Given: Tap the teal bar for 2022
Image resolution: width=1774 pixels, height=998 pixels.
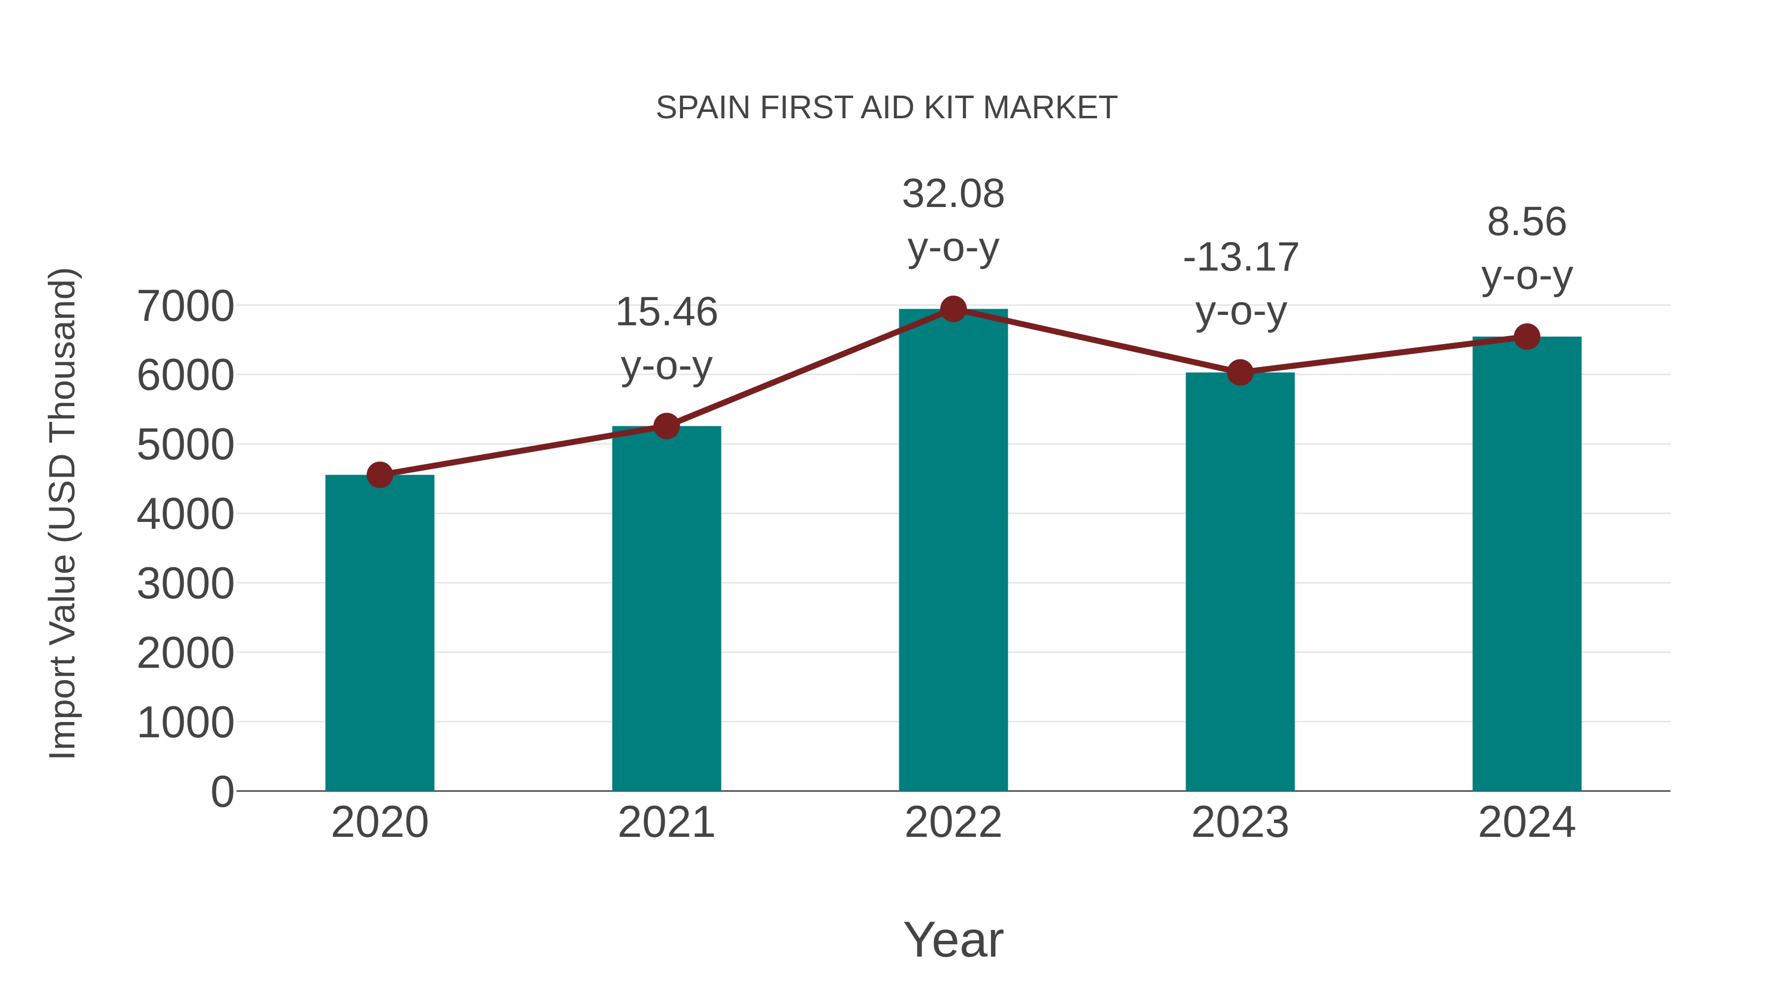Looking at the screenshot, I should [x=953, y=551].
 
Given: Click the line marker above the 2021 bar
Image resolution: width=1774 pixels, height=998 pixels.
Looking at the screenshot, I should [x=666, y=426].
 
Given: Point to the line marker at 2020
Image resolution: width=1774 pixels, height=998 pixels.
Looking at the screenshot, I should [x=379, y=475].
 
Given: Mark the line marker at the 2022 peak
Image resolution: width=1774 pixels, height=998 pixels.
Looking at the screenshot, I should [x=953, y=309].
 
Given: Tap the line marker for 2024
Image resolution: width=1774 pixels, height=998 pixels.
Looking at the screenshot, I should [x=1527, y=337].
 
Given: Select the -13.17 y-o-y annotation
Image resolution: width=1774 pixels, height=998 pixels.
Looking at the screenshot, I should [x=1240, y=284].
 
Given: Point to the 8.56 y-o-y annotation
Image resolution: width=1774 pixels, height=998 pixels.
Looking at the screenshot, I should [x=1527, y=249].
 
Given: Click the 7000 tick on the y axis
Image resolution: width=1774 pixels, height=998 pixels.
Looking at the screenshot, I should [x=185, y=307].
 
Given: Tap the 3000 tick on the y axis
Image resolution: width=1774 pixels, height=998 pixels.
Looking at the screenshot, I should [x=185, y=584].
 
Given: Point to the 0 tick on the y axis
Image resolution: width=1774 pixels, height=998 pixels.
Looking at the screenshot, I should [x=222, y=792].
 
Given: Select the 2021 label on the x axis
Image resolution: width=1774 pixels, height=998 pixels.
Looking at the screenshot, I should [x=666, y=823].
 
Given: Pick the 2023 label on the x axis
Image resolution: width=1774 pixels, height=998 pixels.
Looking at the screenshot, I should [x=1240, y=823].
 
